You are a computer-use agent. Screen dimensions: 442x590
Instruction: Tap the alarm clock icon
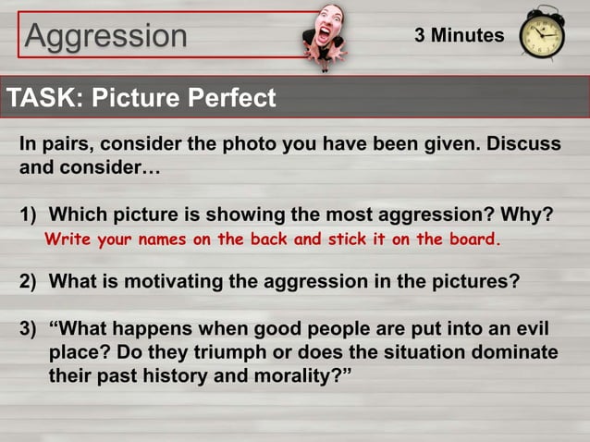[541, 35]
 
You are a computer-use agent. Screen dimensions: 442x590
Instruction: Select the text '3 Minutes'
[459, 36]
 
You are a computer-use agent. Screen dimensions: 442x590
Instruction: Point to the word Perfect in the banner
[232, 97]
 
